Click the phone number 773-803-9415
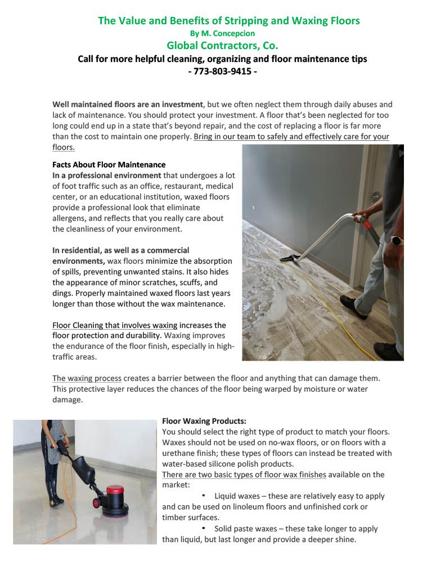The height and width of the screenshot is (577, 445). (222, 72)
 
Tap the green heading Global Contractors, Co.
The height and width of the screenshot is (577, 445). (222, 46)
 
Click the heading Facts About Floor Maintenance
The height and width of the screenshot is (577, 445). (109, 165)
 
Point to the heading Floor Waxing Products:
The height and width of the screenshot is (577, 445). (204, 421)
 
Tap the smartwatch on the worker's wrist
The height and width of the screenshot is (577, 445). (397, 241)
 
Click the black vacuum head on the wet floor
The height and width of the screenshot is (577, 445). (290, 258)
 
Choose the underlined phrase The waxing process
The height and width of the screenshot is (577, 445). (87, 378)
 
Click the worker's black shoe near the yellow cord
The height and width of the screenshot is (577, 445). (353, 307)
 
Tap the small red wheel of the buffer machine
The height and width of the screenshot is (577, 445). (97, 501)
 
